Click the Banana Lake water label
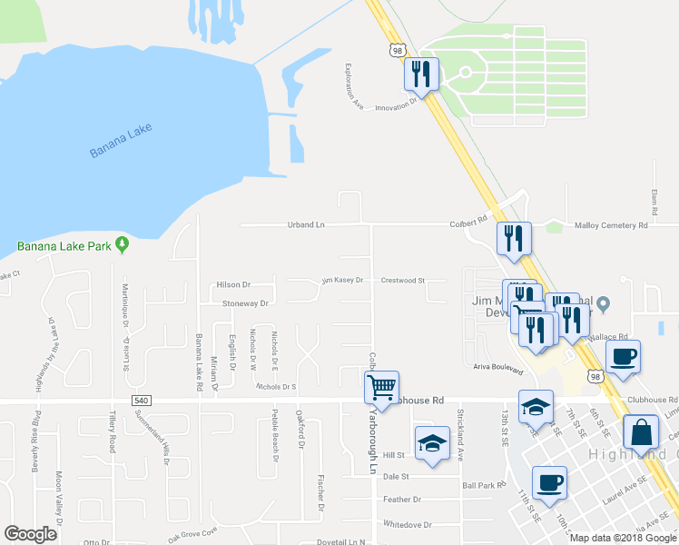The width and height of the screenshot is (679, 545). [122, 143]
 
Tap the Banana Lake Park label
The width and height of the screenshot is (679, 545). [63, 245]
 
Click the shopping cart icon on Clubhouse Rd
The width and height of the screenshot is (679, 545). [382, 388]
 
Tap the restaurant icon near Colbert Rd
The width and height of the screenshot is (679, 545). [514, 238]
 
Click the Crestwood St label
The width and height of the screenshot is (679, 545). [403, 281]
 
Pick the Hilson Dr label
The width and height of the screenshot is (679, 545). [233, 284]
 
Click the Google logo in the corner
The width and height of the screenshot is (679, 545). [30, 534]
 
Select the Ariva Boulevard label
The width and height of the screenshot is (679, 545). [498, 370]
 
